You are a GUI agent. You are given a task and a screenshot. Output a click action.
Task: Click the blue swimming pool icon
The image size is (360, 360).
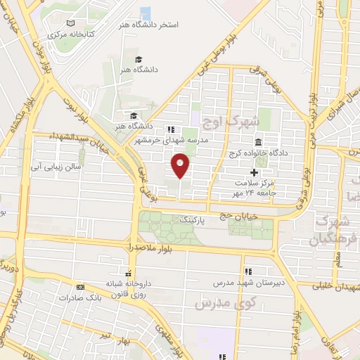(x=146, y=12)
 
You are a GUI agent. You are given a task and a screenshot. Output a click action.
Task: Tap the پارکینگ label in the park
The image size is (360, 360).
(x=195, y=220)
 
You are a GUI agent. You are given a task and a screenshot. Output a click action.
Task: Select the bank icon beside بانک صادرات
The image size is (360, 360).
(x=80, y=287)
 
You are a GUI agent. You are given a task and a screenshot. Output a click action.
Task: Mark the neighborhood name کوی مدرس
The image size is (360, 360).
(x=213, y=304)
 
